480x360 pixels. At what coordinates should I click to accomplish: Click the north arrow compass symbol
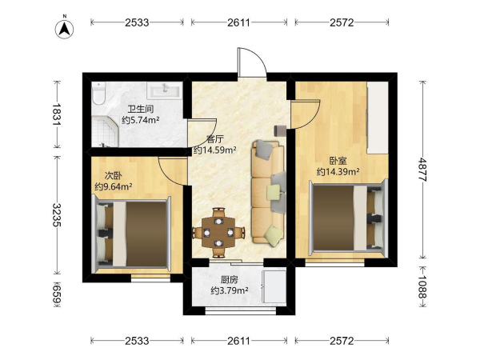point(64,29)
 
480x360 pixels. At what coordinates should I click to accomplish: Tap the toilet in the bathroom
point(98,93)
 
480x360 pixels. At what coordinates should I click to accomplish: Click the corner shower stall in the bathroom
point(105,132)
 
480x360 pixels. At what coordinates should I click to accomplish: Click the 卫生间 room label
point(141,109)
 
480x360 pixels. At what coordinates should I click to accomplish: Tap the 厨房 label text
point(230,279)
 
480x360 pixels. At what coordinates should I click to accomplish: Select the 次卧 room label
point(114,175)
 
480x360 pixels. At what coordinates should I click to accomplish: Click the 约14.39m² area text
point(338,172)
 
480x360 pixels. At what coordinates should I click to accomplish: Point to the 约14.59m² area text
point(214,150)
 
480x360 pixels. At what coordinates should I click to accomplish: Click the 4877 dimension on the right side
point(422,170)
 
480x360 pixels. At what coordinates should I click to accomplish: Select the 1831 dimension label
point(57,114)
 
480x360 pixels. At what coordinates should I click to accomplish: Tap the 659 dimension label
point(57,294)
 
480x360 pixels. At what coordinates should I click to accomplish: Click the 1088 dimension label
point(422,287)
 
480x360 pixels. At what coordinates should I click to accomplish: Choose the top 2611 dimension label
point(238,22)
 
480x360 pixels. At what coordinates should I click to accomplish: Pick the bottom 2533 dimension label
point(137,341)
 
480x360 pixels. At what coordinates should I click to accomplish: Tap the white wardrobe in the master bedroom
point(378,118)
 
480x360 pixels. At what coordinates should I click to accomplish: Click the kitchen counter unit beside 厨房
point(274,286)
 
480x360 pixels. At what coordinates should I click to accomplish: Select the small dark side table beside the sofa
point(280,130)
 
